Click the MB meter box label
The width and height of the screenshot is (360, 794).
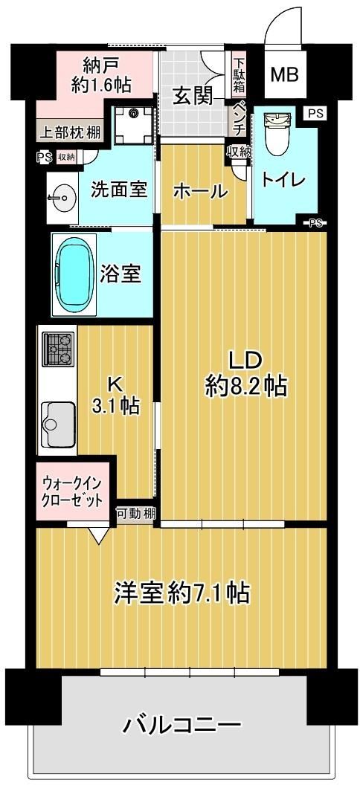[284, 75]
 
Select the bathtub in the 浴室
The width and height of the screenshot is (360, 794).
[75, 274]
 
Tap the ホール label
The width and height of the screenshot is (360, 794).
[199, 191]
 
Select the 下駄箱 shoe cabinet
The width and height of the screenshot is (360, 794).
[239, 74]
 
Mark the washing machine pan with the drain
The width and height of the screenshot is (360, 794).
[133, 126]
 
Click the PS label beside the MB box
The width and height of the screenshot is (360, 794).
[315, 113]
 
